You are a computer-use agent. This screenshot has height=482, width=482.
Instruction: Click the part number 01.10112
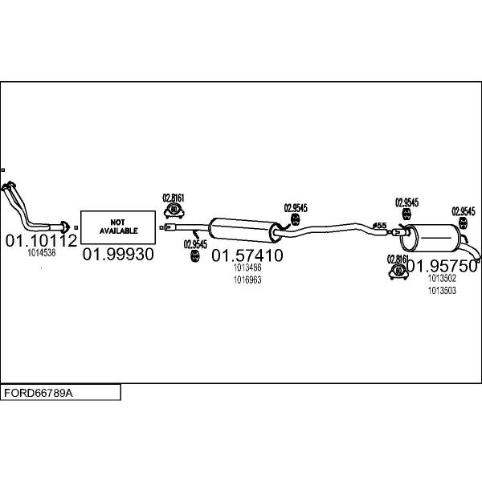41,240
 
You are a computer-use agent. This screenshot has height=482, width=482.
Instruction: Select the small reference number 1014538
41,252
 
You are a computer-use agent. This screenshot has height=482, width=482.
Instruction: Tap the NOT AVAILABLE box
118,226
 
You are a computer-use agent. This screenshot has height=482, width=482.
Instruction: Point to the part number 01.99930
118,254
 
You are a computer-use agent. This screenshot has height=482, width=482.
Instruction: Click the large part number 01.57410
247,256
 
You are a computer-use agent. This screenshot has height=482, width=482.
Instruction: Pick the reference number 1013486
247,268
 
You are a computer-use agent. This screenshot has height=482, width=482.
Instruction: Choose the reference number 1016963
247,280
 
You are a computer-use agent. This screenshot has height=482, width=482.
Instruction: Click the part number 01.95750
441,266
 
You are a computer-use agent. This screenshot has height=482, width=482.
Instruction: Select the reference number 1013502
442,279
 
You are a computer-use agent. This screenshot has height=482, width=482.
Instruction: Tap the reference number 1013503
442,290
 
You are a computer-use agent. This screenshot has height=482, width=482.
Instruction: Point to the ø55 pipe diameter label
380,224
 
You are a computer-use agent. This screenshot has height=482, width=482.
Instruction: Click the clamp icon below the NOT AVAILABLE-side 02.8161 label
174,210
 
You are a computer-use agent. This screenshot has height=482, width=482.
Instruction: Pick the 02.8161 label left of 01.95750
398,259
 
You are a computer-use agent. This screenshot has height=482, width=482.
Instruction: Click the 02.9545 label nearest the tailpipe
462,211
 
